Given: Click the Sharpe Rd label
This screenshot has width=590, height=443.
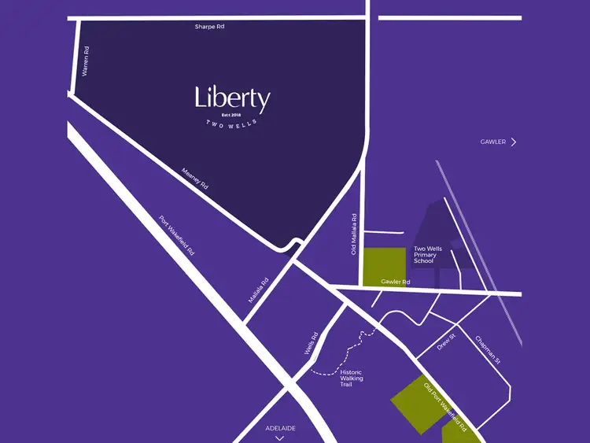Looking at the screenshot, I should coord(209,27).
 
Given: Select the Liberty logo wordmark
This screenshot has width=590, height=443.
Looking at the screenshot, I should coord(232,99).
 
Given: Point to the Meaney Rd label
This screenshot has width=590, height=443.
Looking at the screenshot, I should coord(194,179).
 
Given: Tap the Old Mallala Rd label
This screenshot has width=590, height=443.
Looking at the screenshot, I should coord(355,234).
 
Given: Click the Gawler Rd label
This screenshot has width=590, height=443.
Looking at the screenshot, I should coord(396,282).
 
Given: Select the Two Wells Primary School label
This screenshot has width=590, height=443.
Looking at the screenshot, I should coord(428,255).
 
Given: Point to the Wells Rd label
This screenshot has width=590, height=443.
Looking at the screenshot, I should coord(310,345).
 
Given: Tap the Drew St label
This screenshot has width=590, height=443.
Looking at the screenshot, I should coord(446,343).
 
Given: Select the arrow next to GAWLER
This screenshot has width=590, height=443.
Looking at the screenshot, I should coord(514,142).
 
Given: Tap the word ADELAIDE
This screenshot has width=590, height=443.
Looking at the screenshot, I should coord(280,428).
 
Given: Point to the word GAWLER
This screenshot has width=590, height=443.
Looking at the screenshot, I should coord(493,142).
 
